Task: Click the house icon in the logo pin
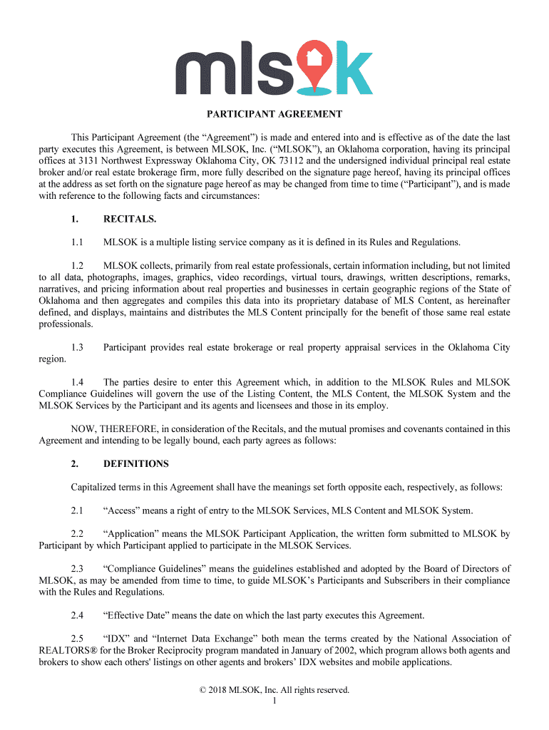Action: click(314, 57)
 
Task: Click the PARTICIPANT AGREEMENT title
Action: click(274, 114)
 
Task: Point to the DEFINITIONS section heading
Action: click(136, 464)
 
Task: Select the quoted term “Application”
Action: click(132, 534)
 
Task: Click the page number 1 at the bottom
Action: click(274, 701)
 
